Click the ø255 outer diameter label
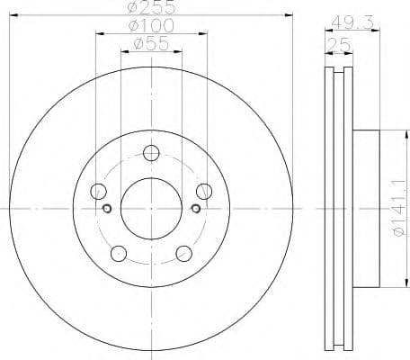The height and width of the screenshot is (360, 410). tap(151, 7)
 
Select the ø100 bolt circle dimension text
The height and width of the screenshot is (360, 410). tap(151, 25)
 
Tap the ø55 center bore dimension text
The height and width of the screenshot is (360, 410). tap(151, 42)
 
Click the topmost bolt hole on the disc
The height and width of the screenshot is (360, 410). tap(151, 153)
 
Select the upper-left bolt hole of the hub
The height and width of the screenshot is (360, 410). tap(99, 191)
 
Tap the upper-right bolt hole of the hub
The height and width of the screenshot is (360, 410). tap(204, 191)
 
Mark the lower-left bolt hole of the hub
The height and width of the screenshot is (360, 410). tap(119, 253)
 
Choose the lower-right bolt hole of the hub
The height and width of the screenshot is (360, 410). tap(183, 253)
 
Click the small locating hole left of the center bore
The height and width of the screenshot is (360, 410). tap(107, 209)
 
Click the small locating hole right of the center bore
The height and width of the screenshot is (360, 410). tap(195, 209)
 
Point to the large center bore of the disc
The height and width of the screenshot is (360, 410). tap(151, 209)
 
